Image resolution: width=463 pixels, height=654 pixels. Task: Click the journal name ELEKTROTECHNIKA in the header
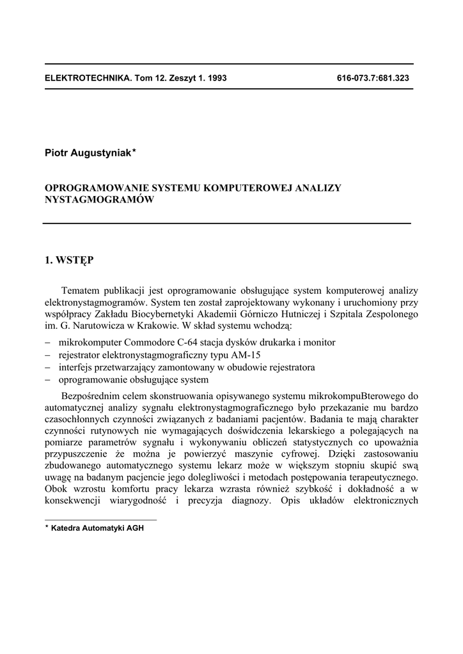click(x=85, y=78)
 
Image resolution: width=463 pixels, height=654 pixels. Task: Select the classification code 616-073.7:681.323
click(x=372, y=78)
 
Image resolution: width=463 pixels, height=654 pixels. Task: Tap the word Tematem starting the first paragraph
click(x=82, y=291)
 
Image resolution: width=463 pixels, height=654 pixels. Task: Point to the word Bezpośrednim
click(x=91, y=396)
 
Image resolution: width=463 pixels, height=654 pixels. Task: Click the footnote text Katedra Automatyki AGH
click(x=97, y=528)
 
